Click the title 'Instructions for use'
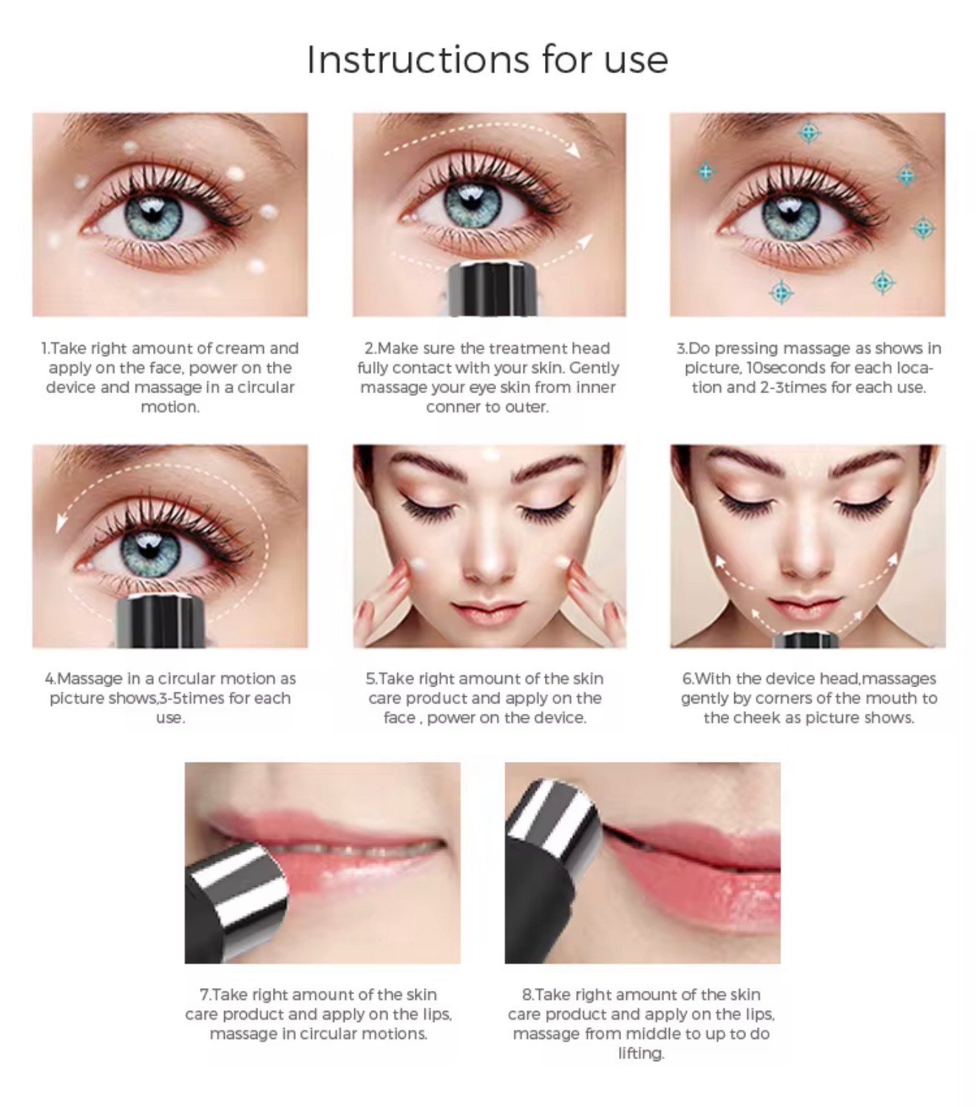487,59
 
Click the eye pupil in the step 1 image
153,214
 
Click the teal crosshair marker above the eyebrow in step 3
809,133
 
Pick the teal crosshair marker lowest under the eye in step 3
781,292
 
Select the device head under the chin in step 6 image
805,639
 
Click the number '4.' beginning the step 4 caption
50,678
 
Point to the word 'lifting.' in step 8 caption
641,1053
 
